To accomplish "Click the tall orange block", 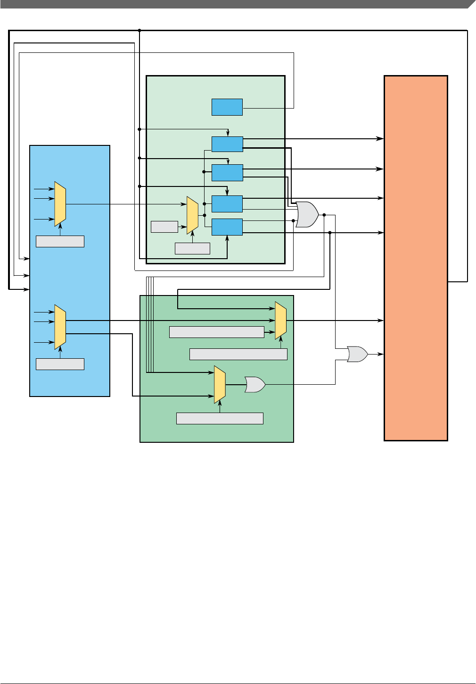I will [x=416, y=258].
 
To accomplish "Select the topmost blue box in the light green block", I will [x=227, y=107].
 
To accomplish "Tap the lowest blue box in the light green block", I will [x=227, y=227].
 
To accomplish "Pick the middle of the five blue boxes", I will [x=227, y=173].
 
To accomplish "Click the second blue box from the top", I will [x=227, y=144].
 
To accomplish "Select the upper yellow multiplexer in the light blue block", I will [x=60, y=204].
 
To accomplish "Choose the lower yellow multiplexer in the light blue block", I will [x=60, y=327].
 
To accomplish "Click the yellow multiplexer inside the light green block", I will [x=192, y=215].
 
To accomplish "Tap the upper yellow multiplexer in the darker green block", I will [x=281, y=321].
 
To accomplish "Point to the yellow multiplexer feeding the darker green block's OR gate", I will [x=220, y=385].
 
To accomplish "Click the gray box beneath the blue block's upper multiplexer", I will [x=60, y=241].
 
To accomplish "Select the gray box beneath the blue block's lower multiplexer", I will [x=60, y=364].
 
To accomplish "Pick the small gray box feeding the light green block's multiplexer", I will [x=164, y=227].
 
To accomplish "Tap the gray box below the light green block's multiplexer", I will [x=192, y=248].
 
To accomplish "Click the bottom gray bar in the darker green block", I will [x=220, y=418].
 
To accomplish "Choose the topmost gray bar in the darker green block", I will [x=217, y=332].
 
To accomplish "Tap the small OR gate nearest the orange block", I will [x=357, y=354].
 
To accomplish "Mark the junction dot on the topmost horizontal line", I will [x=140, y=30].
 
